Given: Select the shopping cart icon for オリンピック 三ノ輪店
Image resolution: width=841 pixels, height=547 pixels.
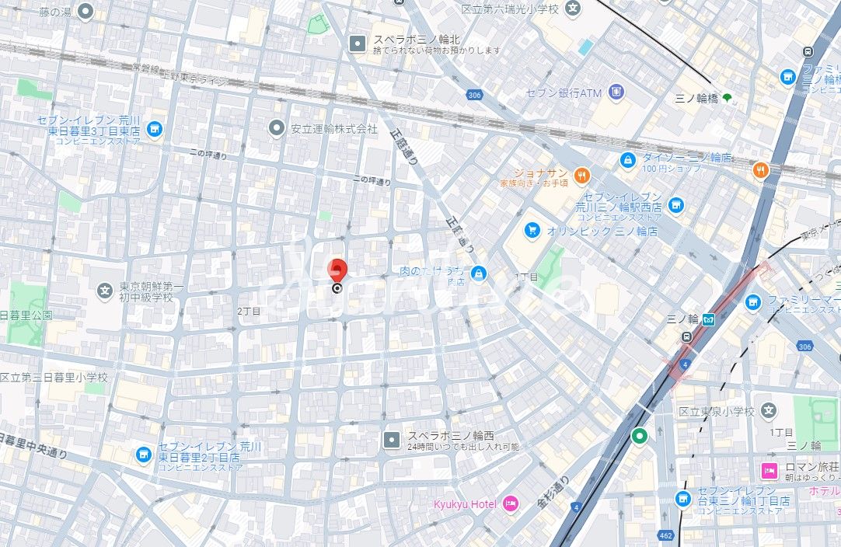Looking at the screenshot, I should [x=532, y=230].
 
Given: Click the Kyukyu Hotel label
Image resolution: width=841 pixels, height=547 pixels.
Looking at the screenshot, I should [x=464, y=504].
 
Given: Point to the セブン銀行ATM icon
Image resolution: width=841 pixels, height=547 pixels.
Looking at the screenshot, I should [x=616, y=92].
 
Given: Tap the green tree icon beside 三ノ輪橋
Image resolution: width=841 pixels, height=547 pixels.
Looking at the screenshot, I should [x=727, y=98].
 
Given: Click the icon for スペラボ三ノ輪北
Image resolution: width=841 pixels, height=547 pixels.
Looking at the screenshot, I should [x=358, y=44].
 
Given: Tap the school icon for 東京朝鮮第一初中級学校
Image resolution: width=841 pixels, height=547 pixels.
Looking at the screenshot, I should [x=105, y=291].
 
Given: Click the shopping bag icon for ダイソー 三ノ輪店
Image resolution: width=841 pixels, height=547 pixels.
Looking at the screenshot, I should [x=628, y=159].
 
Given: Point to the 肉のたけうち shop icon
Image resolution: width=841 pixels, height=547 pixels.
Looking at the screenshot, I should [x=479, y=273].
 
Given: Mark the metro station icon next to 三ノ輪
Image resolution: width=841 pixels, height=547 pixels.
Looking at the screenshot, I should [x=708, y=319].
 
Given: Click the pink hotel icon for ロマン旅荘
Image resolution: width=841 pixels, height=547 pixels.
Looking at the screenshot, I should [x=769, y=470].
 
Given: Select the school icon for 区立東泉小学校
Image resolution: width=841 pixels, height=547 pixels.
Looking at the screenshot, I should [x=768, y=410].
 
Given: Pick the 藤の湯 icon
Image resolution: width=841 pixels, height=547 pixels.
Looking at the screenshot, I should [x=86, y=11].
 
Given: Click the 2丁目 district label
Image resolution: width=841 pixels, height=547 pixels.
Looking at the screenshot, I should [x=249, y=311].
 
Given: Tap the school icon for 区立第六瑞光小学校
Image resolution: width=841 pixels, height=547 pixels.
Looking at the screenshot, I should [x=574, y=9].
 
